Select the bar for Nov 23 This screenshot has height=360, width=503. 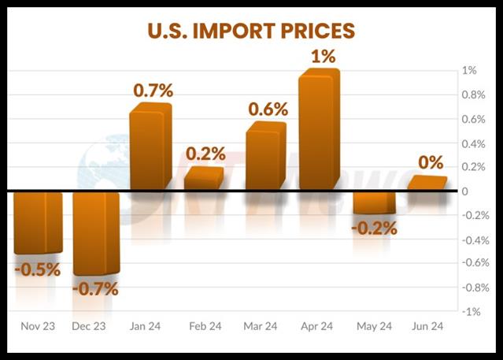pyautogui.click(x=37, y=222)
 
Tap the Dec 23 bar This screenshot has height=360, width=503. pyautogui.click(x=95, y=233)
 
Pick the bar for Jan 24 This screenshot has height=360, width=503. pyautogui.click(x=150, y=148)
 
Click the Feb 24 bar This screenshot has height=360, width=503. pyautogui.click(x=203, y=179)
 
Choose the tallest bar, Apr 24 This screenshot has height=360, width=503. pyautogui.click(x=319, y=130)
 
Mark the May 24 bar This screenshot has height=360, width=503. pyautogui.click(x=374, y=202)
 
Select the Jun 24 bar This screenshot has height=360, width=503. pyautogui.click(x=427, y=183)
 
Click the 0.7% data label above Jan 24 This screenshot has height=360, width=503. pyautogui.click(x=153, y=90)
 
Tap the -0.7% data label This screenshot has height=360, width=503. pyautogui.click(x=95, y=288)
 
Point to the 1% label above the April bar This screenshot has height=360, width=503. pyautogui.click(x=323, y=56)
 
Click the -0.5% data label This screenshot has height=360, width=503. pyautogui.click(x=37, y=269)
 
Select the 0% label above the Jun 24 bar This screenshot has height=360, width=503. pyautogui.click(x=430, y=162)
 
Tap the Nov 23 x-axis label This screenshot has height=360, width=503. pyautogui.click(x=38, y=326)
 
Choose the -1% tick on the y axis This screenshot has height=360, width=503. pyautogui.click(x=471, y=312)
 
